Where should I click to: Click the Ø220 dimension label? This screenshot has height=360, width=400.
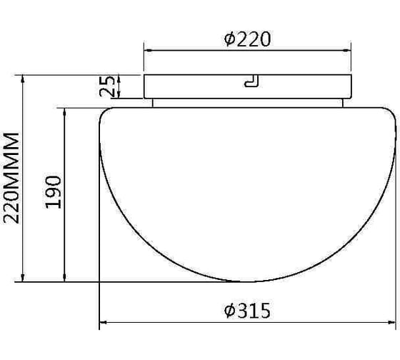[x=248, y=40]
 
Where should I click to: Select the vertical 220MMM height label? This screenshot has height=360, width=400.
[x=11, y=177]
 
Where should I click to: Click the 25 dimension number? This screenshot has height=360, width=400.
[x=108, y=86]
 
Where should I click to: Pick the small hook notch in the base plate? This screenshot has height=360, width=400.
[x=251, y=82]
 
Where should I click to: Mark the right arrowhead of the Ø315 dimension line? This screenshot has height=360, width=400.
[x=394, y=324]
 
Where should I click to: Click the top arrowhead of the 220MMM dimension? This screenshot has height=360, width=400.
[x=26, y=78]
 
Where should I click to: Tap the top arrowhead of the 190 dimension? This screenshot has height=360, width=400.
[x=66, y=111]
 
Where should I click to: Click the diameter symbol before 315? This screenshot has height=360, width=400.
[x=229, y=311]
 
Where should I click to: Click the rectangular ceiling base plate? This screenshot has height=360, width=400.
[x=200, y=86]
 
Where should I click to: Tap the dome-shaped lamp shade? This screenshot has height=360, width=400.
[x=246, y=186]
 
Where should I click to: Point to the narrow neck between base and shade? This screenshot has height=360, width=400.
[x=246, y=102]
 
